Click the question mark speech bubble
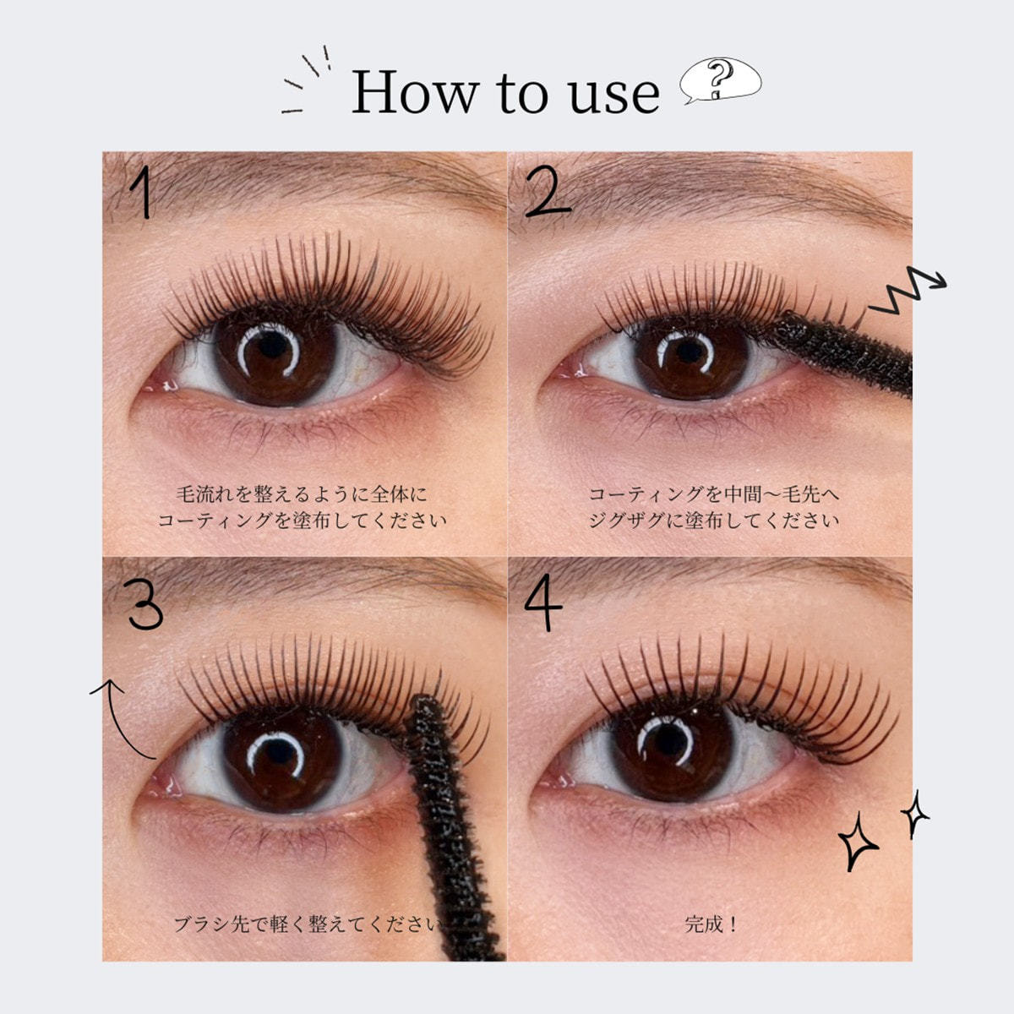[720, 81]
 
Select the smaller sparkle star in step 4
[914, 813]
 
